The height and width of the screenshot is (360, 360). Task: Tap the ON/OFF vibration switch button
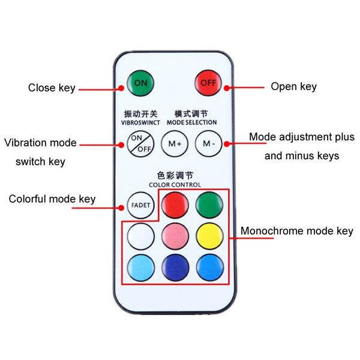pyautogui.click(x=140, y=144)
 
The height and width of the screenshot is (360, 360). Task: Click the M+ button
pyautogui.click(x=175, y=144)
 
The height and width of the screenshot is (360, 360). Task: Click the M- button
pyautogui.click(x=209, y=143)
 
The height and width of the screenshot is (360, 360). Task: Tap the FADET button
pyautogui.click(x=140, y=205)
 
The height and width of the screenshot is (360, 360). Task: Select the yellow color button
pyautogui.click(x=209, y=236)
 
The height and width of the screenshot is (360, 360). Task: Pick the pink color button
pyautogui.click(x=175, y=236)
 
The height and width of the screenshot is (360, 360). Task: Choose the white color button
pyautogui.click(x=141, y=236)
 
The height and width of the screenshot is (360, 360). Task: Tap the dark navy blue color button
pyautogui.click(x=175, y=268)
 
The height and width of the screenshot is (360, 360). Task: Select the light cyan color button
pyautogui.click(x=141, y=268)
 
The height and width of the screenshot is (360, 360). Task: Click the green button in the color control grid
pyautogui.click(x=209, y=205)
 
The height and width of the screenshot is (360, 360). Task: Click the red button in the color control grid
pyautogui.click(x=175, y=205)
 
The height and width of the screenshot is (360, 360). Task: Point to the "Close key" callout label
pyautogui.click(x=52, y=88)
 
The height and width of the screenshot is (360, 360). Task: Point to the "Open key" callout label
pyautogui.click(x=293, y=87)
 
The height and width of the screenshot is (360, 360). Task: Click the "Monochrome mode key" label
pyautogui.click(x=297, y=231)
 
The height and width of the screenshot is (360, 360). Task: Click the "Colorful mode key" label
pyautogui.click(x=52, y=199)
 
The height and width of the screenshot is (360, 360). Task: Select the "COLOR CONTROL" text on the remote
pyautogui.click(x=175, y=185)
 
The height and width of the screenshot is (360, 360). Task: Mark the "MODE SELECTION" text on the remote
pyautogui.click(x=192, y=122)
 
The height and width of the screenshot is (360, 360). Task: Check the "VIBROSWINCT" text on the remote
pyautogui.click(x=140, y=122)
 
